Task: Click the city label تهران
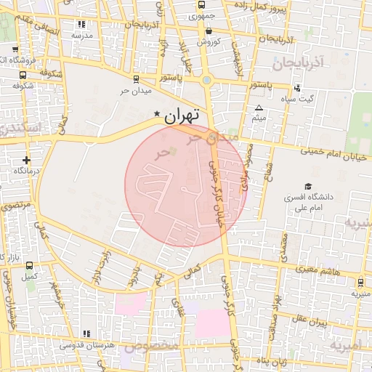(x=182, y=115)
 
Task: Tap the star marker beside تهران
(x=157, y=114)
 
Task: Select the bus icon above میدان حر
(x=135, y=80)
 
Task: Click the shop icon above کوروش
(x=209, y=31)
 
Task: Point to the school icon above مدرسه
(x=80, y=25)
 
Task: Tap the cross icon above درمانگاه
(x=27, y=159)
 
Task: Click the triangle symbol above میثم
(x=259, y=108)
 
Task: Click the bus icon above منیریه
(x=361, y=283)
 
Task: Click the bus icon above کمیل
(x=28, y=265)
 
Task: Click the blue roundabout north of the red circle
(x=206, y=80)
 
